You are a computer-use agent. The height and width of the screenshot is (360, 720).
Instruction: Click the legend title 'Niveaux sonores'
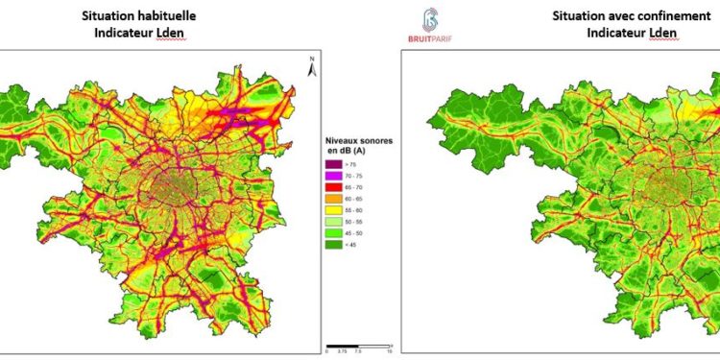[354, 140]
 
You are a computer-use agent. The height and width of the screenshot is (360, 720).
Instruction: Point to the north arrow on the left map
[311, 66]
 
